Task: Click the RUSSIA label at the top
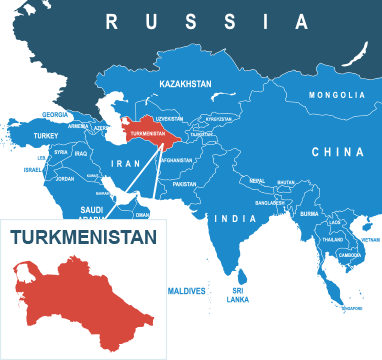(206, 21)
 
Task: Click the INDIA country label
(237, 218)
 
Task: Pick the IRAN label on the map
(127, 162)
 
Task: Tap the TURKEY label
(46, 135)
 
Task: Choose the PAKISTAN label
(184, 184)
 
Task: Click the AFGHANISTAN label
(175, 159)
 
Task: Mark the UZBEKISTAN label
(170, 117)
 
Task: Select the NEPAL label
(257, 181)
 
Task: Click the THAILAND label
(332, 240)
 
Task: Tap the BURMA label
(309, 213)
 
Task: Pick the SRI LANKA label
(238, 295)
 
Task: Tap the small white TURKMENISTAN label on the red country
(147, 133)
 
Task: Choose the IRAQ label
(81, 153)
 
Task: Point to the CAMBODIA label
(350, 254)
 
